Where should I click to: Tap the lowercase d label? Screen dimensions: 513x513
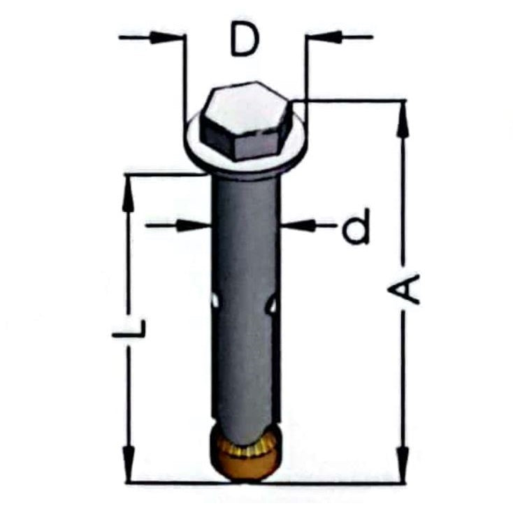356,226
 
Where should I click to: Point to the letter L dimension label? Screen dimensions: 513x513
129,328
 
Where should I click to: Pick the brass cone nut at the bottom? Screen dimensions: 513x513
245,453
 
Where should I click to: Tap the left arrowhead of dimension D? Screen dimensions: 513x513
166,37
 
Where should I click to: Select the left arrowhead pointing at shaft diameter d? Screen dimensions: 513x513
192,226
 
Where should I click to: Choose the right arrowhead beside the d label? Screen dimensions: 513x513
298,226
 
